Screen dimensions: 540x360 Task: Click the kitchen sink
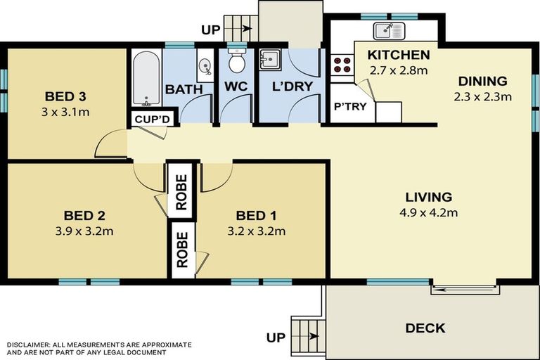pos(390,31)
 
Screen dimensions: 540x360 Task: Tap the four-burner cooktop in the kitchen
pos(342,65)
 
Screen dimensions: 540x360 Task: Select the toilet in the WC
pos(237,61)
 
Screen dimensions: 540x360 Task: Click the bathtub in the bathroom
pos(146,78)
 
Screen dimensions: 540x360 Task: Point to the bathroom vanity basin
pos(205,65)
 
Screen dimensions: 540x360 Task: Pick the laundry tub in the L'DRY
pos(270,60)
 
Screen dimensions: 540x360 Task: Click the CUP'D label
pos(152,120)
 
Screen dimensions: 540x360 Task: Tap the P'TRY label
pos(350,106)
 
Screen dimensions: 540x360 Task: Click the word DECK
pos(425,328)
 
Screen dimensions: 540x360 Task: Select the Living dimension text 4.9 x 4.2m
pos(429,212)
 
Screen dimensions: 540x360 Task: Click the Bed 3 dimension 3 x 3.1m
pos(65,112)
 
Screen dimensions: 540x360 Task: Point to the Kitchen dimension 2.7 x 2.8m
pos(399,70)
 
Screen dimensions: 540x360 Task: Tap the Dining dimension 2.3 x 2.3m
pos(483,97)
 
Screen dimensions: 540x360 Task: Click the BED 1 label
pos(256,216)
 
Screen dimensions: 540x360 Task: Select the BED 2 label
pos(84,216)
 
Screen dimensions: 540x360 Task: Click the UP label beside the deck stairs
pos(276,337)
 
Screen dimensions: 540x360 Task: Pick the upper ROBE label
pos(181,192)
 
